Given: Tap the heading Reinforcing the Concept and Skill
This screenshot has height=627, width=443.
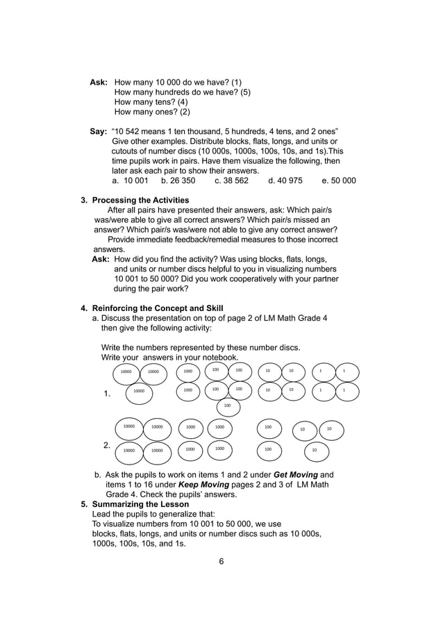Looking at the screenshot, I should tap(158, 308).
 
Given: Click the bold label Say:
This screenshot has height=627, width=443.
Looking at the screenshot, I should tap(99, 131).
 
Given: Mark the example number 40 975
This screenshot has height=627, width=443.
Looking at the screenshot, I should tap(290, 181).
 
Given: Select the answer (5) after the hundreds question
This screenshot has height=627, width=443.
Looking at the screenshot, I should tap(245, 92).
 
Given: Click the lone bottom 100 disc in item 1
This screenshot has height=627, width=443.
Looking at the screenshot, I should tap(227, 406).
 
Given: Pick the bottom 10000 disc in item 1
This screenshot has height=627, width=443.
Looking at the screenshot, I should tap(139, 392).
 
